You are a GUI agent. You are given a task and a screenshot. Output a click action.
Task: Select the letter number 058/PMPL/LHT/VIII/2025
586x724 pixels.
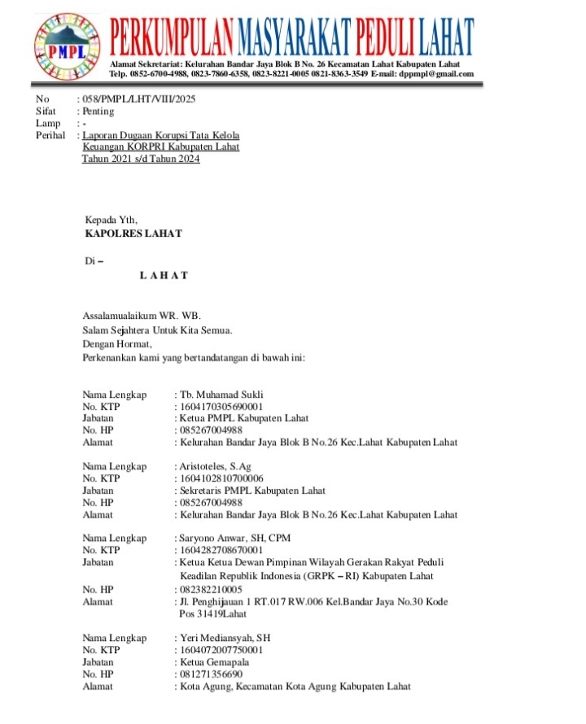[138, 99]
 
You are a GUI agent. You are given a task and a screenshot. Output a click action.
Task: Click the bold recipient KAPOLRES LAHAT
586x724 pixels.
[133, 233]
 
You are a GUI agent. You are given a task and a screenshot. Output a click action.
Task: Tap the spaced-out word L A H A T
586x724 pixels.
[164, 275]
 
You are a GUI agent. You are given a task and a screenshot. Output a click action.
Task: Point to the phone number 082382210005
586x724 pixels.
[211, 589]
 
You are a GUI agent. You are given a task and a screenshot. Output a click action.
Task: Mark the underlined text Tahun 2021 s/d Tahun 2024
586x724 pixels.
[140, 159]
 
